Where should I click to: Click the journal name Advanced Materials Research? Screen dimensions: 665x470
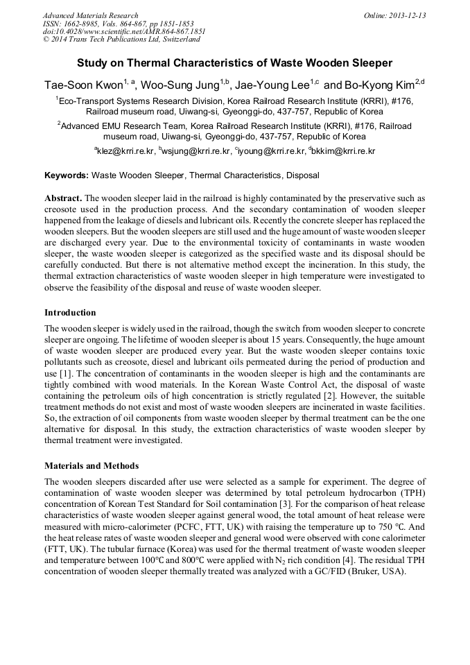[x=90, y=15]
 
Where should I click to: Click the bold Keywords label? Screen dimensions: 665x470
[x=67, y=176]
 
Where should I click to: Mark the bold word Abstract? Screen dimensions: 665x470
[x=63, y=198]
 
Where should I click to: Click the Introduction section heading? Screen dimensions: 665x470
[x=70, y=313]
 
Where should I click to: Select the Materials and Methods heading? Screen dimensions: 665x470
[x=92, y=465]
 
